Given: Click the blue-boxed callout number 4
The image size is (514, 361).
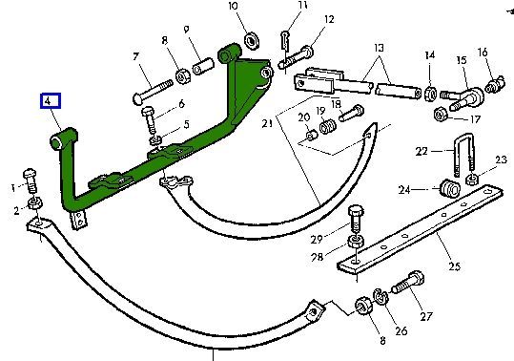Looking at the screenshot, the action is [51, 100].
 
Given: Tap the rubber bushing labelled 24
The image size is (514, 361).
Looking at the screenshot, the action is [450, 188].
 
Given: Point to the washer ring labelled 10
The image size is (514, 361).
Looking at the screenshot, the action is [252, 41].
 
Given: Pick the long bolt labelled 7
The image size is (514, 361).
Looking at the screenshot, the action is [153, 92].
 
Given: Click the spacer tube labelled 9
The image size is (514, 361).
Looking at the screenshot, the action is [203, 66].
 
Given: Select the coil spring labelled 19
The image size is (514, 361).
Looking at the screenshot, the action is [327, 126].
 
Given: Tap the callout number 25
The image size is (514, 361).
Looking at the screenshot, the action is [454, 265].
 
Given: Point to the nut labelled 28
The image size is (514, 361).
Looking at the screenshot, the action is [356, 242].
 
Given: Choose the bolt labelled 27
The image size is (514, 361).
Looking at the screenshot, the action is [407, 283].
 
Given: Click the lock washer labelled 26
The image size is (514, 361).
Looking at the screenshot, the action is [380, 296].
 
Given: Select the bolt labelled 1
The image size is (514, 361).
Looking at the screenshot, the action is [31, 180].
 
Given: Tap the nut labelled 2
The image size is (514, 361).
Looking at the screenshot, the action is [34, 203].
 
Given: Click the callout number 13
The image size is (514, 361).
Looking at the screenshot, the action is [379, 49].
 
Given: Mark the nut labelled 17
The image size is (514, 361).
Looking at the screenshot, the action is [441, 114].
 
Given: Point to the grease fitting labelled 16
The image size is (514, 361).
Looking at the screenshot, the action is [495, 85].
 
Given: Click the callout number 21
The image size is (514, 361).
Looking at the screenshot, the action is [267, 124].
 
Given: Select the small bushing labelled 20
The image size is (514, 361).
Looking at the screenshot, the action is [312, 135].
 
